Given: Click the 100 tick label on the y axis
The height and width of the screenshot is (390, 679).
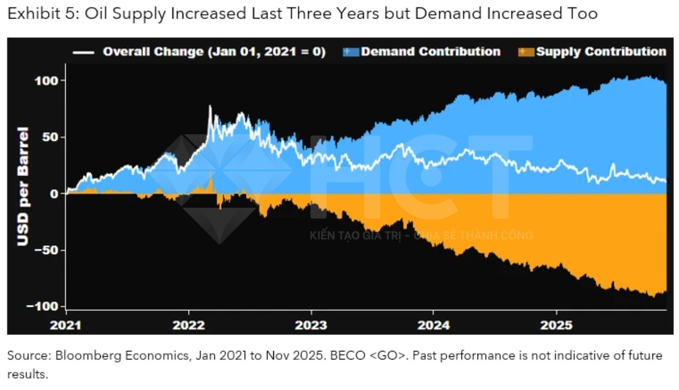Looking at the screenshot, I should (x=47, y=81).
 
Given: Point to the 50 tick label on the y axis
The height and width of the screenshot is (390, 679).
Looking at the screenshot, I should (x=51, y=137).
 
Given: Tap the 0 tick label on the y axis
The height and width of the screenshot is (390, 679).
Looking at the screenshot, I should (x=54, y=194).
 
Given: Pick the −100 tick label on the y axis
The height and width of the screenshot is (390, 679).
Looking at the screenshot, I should (x=42, y=306).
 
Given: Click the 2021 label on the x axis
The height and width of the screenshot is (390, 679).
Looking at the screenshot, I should (x=65, y=325).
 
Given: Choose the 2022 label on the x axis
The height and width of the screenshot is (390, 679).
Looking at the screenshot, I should (x=188, y=325).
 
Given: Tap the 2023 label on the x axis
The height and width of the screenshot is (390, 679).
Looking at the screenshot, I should (x=311, y=325).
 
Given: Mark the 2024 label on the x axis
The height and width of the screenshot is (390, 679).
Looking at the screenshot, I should (x=433, y=325).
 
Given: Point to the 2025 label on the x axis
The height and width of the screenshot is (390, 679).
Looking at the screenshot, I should (x=556, y=325).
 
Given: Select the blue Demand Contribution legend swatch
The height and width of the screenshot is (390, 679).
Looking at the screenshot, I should (x=351, y=52).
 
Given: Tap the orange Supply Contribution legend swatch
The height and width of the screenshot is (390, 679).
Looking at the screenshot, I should (x=526, y=52).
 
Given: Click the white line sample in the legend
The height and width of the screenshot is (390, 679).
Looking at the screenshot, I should (x=83, y=53).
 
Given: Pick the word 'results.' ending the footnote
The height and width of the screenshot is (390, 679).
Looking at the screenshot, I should (x=28, y=374).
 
